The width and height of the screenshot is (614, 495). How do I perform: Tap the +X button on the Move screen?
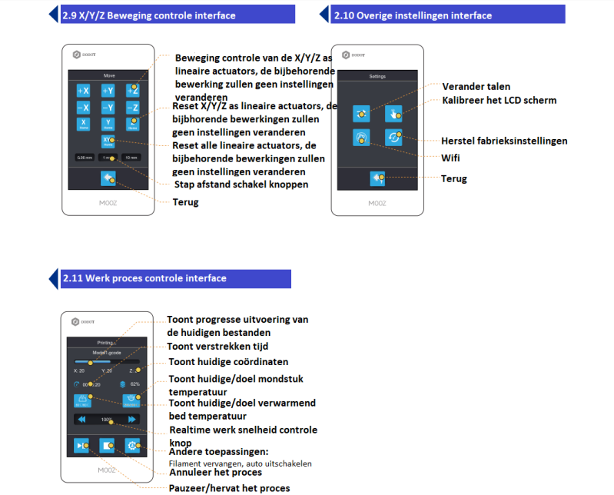coord(84,91)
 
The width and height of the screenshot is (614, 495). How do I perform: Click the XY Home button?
coord(108,141)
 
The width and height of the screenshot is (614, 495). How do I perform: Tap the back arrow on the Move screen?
coord(108,178)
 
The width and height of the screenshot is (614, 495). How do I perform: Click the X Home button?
coord(84,124)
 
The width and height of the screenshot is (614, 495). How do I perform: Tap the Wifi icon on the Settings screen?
coord(361,138)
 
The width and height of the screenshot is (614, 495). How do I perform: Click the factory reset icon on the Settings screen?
coord(393,138)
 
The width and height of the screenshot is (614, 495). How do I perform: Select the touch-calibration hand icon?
coord(393,113)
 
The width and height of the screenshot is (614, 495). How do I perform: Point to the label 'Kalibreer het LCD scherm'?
coord(499,100)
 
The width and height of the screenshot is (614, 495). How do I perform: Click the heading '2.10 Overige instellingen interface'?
coord(413,15)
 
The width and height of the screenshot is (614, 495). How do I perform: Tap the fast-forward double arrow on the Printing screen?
coord(131,420)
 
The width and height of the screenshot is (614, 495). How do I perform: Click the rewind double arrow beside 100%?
coord(81,420)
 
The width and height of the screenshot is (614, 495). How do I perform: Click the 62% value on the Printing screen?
coord(134,384)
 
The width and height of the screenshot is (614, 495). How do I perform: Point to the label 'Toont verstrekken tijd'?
coord(217,346)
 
